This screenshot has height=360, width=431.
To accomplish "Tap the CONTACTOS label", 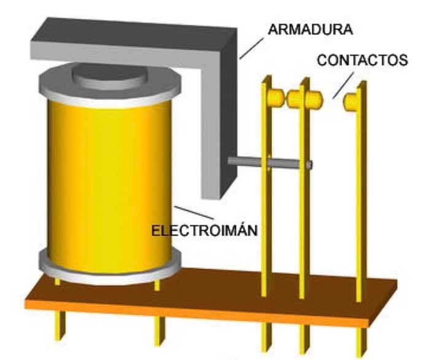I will click(x=362, y=60).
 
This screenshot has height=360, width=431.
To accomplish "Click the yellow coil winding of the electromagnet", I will click(x=107, y=184).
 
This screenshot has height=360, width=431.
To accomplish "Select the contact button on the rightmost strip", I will click(x=351, y=101).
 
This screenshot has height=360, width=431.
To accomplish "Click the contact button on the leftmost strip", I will click(x=276, y=98).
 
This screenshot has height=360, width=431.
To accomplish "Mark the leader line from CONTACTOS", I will click(x=343, y=85).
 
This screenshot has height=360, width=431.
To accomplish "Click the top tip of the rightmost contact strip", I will click(x=363, y=85).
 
